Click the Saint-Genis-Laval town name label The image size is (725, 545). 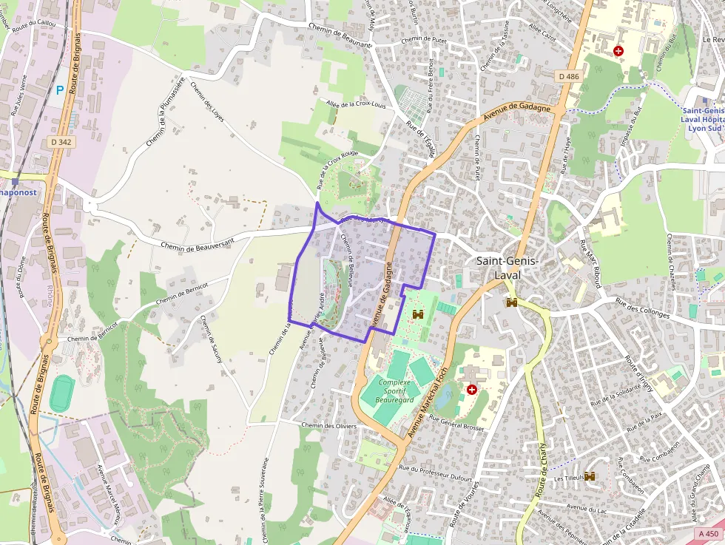[507, 268]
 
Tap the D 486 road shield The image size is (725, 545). [569, 76]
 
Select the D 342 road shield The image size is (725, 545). [62, 141]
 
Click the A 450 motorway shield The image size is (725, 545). [708, 534]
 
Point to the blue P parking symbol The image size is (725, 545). [60, 90]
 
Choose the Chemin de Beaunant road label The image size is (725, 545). [341, 44]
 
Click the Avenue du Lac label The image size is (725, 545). [586, 508]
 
